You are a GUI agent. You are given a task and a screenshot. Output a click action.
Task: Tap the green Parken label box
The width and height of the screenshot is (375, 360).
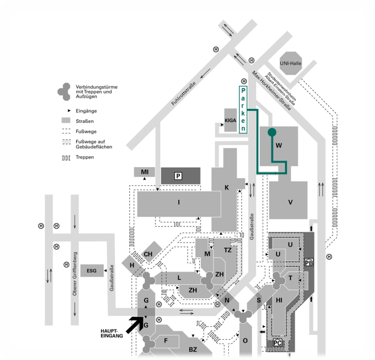[243, 110]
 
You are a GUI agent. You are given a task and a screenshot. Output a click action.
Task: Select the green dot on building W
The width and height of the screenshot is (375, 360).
[272, 132]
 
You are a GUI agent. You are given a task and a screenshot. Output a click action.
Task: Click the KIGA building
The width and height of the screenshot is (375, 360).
[230, 120]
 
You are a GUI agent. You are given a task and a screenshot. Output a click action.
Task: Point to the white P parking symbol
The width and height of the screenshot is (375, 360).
[178, 176]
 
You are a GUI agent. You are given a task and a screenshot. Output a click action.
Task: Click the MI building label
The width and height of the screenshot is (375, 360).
[145, 172]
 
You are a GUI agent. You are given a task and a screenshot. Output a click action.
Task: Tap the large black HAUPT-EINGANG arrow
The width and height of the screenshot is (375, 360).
[135, 324]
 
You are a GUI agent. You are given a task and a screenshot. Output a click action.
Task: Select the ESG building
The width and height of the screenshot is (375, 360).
[92, 271]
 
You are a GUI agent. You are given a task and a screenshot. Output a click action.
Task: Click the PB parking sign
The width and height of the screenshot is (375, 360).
[309, 262]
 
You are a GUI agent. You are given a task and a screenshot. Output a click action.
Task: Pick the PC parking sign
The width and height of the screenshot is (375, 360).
[278, 342]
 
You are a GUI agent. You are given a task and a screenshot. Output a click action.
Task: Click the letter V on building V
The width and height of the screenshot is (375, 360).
[290, 202]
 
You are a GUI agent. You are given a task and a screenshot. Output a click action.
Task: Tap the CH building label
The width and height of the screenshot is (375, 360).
[148, 254]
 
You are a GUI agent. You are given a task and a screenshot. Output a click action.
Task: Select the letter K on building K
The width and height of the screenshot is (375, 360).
[227, 188]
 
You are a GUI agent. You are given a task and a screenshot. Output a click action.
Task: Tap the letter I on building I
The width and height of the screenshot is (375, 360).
[179, 202]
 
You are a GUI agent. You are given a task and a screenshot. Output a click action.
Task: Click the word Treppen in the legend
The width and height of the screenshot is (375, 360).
[85, 157]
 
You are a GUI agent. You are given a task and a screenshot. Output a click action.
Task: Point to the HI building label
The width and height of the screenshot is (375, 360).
[279, 300]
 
